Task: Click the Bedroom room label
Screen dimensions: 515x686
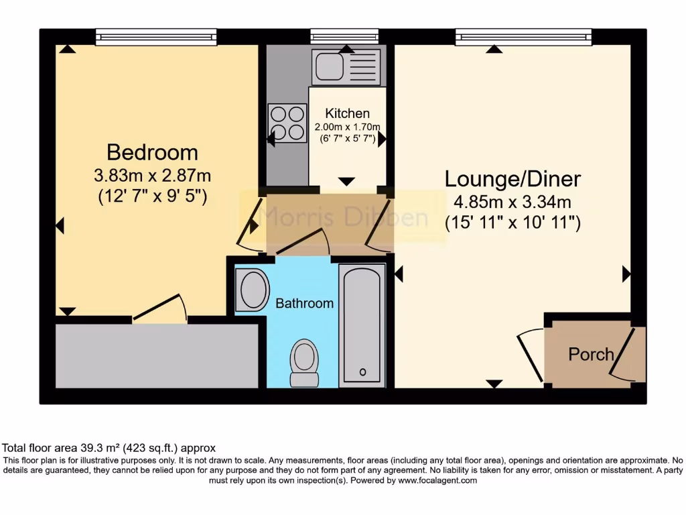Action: pos(153,152)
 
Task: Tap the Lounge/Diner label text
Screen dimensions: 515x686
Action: pos(513,179)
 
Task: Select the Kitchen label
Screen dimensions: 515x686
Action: pos(347,113)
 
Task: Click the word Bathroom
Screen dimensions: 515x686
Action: pos(304,303)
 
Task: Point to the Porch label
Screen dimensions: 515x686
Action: pos(590,354)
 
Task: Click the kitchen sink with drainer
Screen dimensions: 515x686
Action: pos(346,67)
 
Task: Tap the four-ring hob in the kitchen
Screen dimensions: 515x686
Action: pos(287,123)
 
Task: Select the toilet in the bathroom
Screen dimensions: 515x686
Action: pos(304,362)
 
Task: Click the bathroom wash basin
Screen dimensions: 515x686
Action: pos(253,290)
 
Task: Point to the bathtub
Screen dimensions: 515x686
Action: pos(362,325)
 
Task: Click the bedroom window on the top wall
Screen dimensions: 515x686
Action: pos(156,37)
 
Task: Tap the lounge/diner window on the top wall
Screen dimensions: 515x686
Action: pos(523,37)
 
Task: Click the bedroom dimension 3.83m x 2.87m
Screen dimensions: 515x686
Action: pos(153,176)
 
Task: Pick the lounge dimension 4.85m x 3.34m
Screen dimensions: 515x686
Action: pos(513,202)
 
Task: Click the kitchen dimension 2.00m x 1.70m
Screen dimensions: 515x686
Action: pos(348,127)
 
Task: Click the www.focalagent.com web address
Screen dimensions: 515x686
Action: pos(437,480)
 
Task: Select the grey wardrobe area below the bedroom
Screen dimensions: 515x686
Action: pos(156,355)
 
